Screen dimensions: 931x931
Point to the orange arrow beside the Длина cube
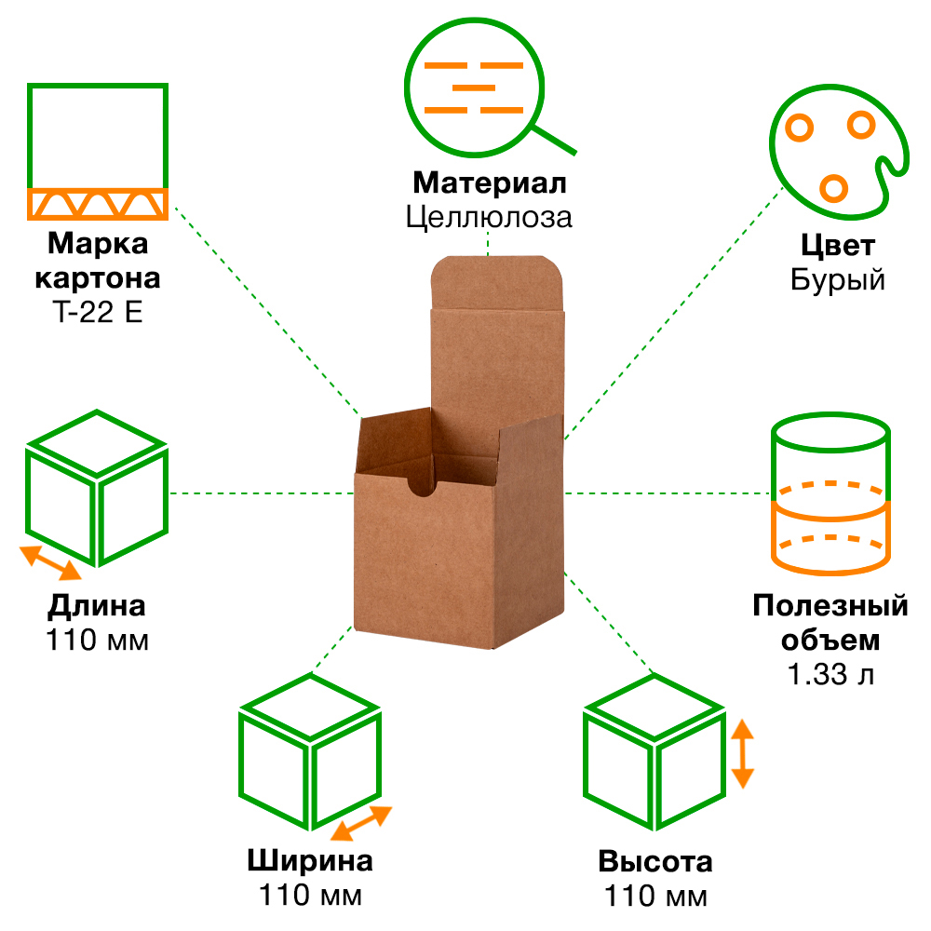52,561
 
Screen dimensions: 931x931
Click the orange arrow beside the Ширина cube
361,823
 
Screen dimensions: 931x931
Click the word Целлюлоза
489,217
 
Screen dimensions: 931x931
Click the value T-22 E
98,311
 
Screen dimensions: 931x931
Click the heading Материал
489,182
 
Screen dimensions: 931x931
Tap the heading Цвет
838,246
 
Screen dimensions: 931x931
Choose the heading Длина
97,607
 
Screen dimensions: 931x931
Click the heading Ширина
310,860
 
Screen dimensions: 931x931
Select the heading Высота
655,861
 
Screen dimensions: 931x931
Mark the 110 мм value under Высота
655,897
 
